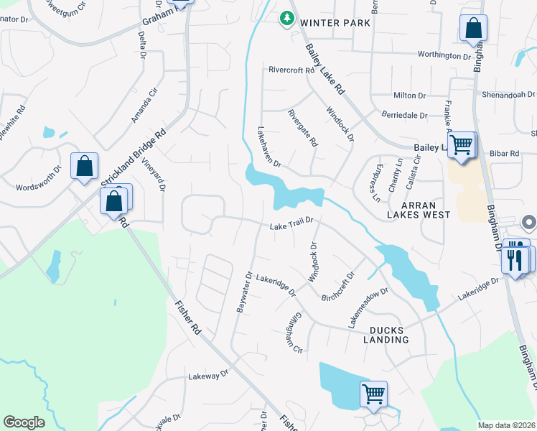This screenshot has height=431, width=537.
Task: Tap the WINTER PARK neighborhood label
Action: pyautogui.click(x=335, y=23)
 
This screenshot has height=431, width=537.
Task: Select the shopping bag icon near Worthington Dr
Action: pyautogui.click(x=473, y=29)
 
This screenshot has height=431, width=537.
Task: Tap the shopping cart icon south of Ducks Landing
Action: pyautogui.click(x=373, y=394)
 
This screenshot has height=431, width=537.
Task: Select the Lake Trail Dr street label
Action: pyautogui.click(x=292, y=225)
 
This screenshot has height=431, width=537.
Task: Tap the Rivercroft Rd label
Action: pyautogui.click(x=291, y=70)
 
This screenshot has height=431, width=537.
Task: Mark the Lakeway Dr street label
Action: pyautogui.click(x=207, y=374)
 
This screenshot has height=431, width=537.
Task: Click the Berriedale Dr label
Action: pyautogui.click(x=403, y=115)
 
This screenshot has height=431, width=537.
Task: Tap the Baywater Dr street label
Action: pyautogui.click(x=244, y=292)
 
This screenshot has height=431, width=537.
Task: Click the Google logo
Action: pyautogui.click(x=24, y=422)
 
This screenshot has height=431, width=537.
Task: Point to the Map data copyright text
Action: pyautogui.click(x=506, y=425)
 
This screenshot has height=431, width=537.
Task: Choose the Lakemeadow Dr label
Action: pyautogui.click(x=369, y=308)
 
